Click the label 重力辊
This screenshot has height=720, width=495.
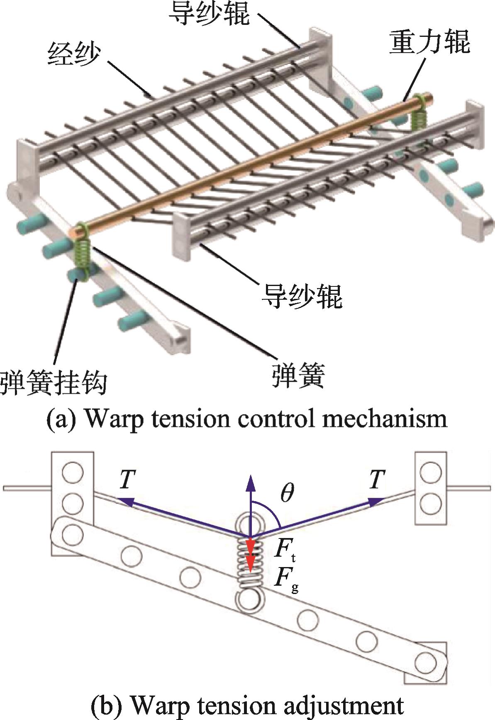coord(429,43)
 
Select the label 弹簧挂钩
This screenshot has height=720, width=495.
coord(54,381)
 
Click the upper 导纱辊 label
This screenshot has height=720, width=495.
coord(209,12)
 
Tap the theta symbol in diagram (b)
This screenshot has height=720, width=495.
coord(287,493)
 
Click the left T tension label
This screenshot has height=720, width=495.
coord(127,480)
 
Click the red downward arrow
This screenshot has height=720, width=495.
coord(250,555)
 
